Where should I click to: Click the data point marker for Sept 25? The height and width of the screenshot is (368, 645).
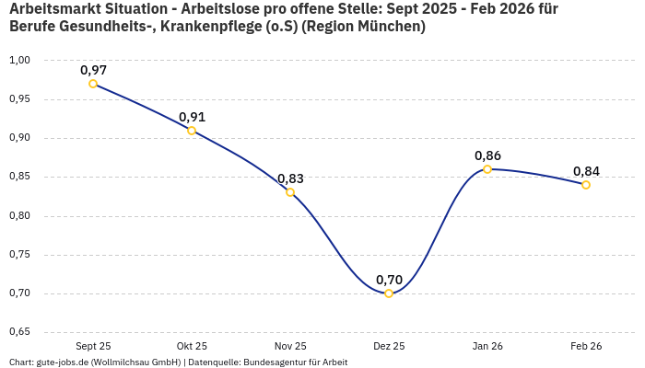pos(93,84)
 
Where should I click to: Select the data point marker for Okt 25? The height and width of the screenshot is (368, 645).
pos(192,131)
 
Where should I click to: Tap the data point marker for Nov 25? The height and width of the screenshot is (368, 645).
pos(290,192)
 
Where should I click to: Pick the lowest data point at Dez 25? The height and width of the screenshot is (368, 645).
pos(389,293)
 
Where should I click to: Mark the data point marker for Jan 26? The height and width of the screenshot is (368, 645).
pos(487,169)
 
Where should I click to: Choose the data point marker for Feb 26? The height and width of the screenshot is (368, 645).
pos(586,185)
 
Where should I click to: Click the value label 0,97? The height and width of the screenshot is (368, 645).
pos(93,70)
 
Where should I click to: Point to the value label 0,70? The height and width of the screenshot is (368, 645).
pos(389,280)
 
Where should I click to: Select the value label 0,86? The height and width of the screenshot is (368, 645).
pos(487,155)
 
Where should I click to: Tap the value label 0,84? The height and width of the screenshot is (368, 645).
pos(586,171)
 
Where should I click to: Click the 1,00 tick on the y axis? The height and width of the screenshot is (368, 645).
pos(19,61)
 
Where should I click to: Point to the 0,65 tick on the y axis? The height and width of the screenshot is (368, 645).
pos(19,332)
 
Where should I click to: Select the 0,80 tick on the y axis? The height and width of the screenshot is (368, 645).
pos(19,216)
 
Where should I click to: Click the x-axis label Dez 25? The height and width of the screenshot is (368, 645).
pos(389,346)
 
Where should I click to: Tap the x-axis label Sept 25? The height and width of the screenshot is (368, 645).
pos(93,346)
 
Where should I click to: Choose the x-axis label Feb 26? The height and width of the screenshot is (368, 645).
pos(586,346)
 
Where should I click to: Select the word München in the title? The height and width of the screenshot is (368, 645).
pos(390,27)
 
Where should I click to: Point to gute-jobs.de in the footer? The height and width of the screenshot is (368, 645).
pos(64,362)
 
